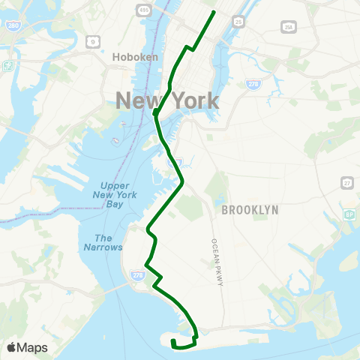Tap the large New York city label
[x=166, y=100]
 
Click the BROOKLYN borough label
[x=250, y=211]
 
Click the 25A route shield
[x=288, y=26]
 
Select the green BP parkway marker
[x=349, y=215]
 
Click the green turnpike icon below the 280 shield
[x=8, y=64]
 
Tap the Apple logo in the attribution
[x=12, y=347]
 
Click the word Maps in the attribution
[x=33, y=347]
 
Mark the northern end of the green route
[x=214, y=12]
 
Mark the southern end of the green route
[x=172, y=341]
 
